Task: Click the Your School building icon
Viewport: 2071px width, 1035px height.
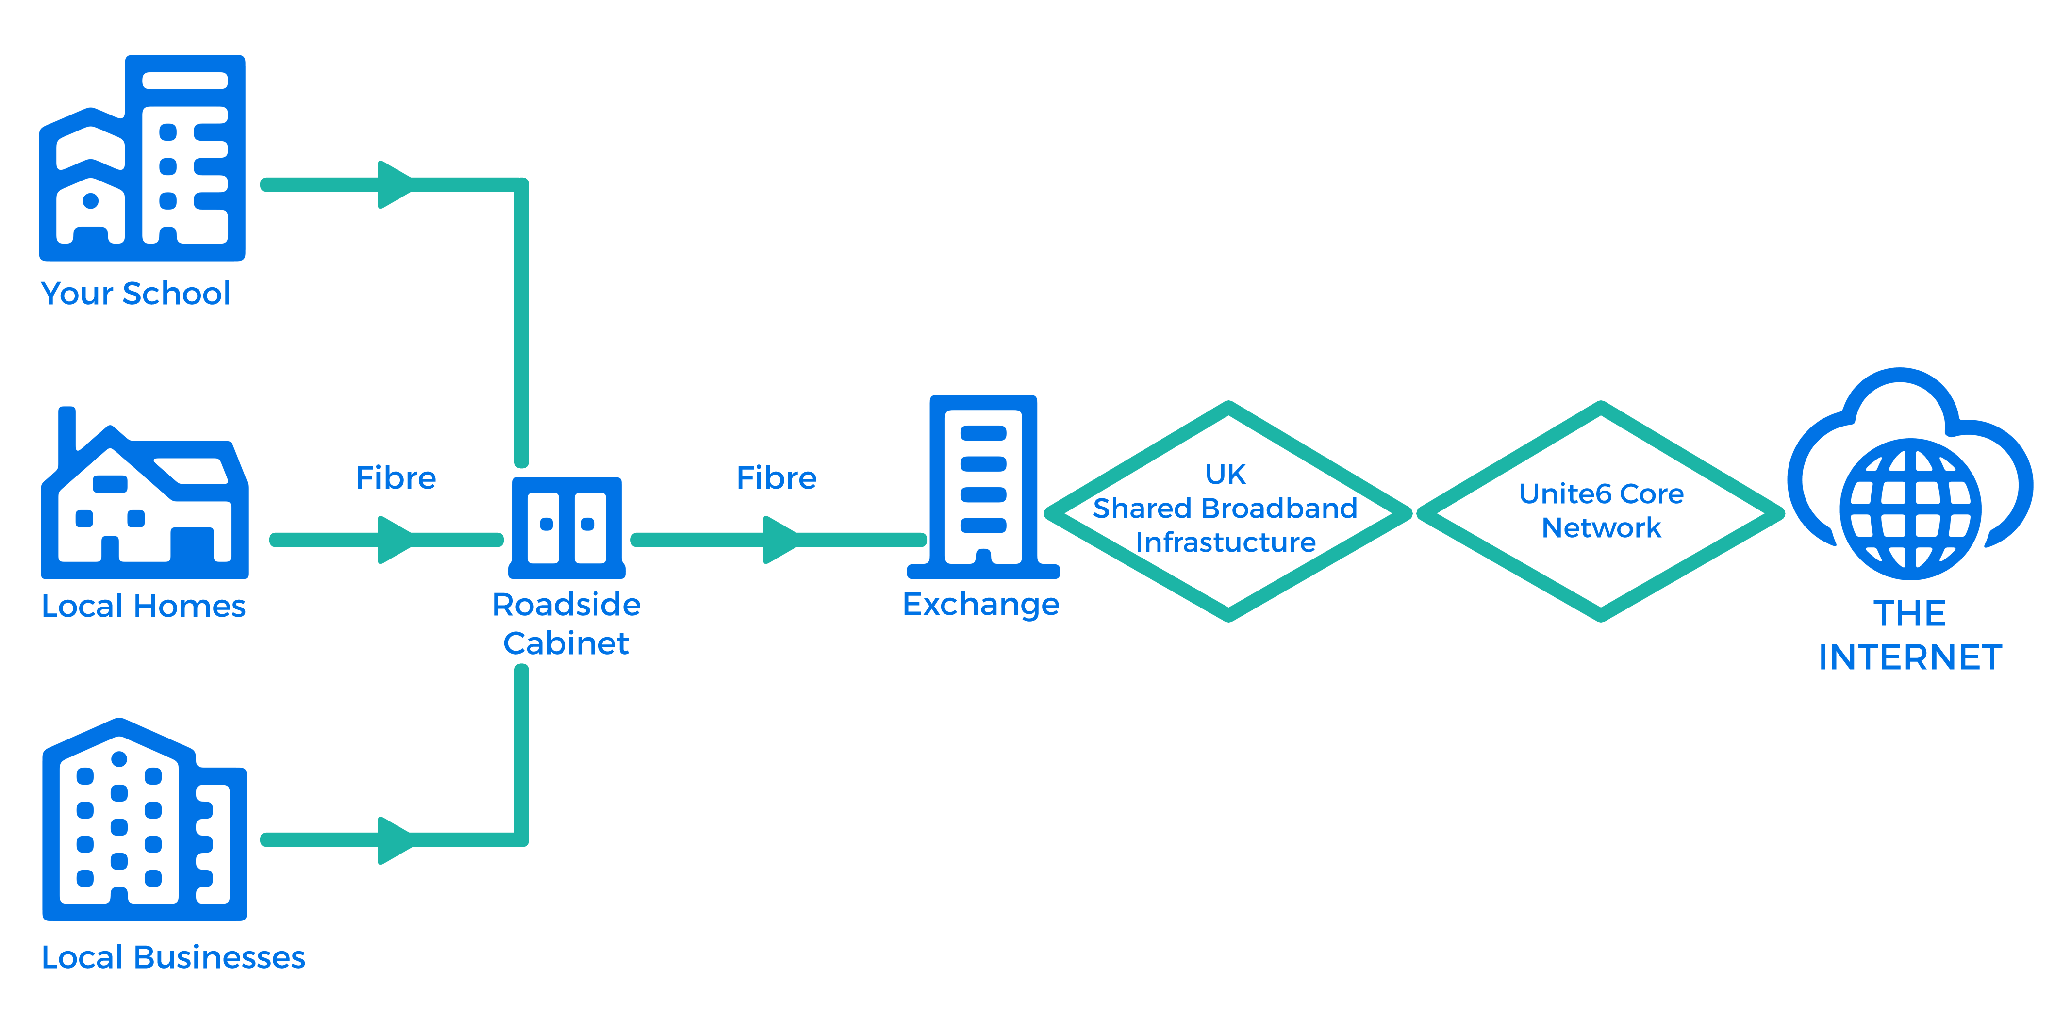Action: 142,158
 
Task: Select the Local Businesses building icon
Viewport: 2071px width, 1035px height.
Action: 145,819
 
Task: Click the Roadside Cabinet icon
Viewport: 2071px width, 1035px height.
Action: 567,528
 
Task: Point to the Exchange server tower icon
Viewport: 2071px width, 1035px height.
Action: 983,487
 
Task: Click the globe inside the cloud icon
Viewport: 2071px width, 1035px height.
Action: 1911,509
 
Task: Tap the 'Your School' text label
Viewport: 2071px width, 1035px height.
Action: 136,293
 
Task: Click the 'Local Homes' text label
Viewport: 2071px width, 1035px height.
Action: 144,606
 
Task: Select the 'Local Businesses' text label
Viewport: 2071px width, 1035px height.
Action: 174,957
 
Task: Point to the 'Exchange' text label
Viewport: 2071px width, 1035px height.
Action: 981,604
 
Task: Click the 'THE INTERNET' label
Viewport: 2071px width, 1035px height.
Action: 1910,635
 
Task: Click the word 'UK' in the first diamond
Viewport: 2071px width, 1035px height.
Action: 1225,474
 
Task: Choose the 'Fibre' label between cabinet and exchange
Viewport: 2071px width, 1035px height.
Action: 777,478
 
